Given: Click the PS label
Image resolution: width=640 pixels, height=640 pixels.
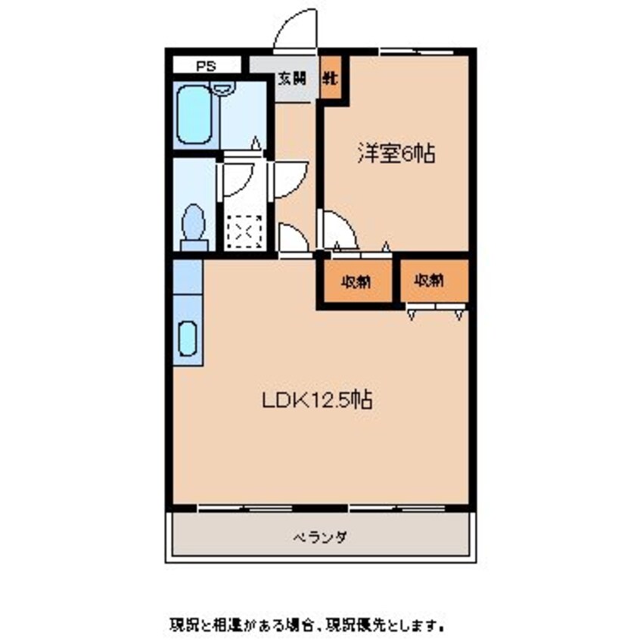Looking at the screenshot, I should [206, 66].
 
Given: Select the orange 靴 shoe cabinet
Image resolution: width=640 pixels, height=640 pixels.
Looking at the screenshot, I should [331, 78].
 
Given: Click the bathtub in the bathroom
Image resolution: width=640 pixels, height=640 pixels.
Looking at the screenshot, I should [194, 114].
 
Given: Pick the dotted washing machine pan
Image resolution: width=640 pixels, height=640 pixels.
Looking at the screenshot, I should [244, 231].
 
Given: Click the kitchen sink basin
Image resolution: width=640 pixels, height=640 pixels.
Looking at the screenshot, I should [187, 337].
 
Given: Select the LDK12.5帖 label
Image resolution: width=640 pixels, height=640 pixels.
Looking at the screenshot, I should [316, 401].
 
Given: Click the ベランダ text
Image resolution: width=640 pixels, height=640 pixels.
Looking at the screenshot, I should [320, 537].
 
